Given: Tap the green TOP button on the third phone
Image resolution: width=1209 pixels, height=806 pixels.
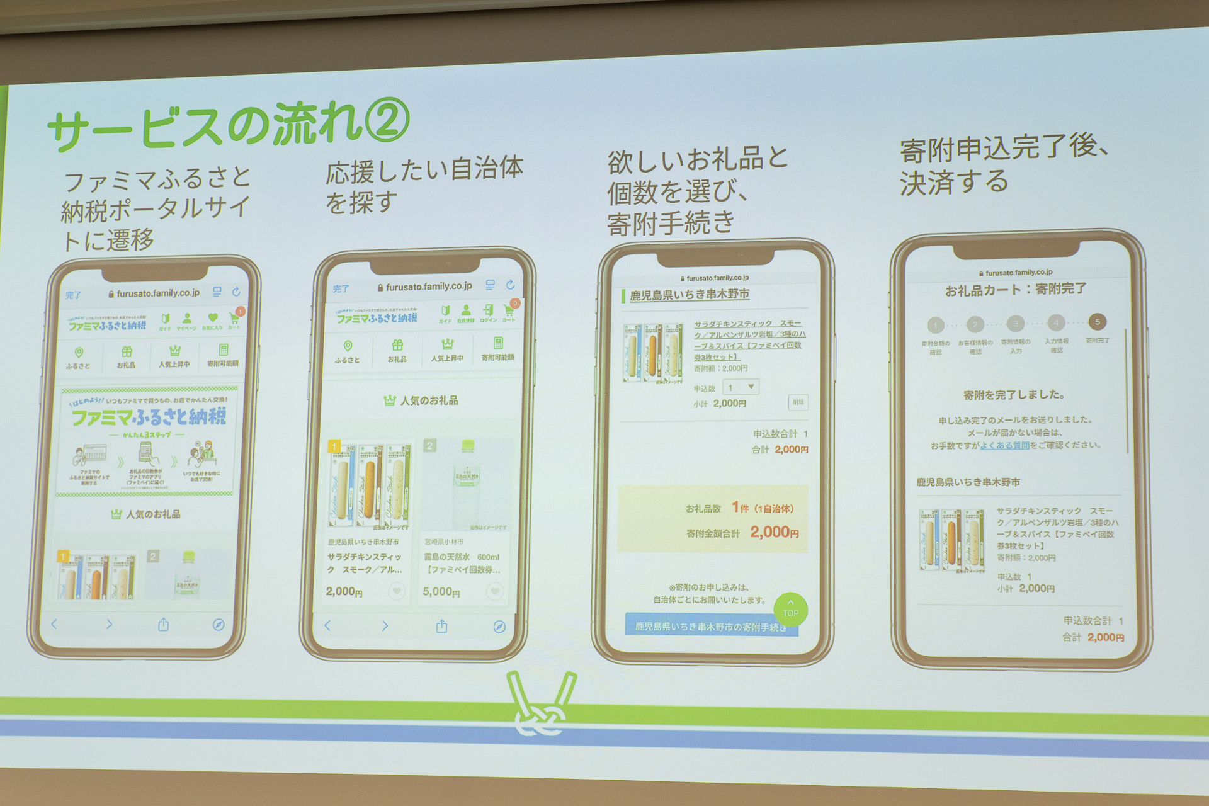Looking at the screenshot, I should click(x=790, y=609).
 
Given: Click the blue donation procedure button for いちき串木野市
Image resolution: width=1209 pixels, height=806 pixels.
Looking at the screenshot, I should click(x=711, y=626).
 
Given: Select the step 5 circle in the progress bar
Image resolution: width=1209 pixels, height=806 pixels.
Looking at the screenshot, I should click(x=1097, y=322).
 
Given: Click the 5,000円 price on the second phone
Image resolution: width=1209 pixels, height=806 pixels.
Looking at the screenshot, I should click(x=441, y=591).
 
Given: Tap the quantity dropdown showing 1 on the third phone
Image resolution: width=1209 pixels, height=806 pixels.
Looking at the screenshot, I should click(x=741, y=387).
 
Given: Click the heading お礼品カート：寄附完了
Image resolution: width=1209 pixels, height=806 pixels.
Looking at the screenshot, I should click(x=1015, y=289).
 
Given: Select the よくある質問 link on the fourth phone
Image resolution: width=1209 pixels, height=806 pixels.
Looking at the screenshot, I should click(x=1004, y=445).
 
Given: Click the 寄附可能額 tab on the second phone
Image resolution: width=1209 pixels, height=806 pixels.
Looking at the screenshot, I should click(x=497, y=349).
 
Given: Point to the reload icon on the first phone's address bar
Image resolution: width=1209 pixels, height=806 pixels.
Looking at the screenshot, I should click(x=236, y=292).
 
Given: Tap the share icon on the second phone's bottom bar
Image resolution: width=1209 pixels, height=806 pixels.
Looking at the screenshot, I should click(x=441, y=626).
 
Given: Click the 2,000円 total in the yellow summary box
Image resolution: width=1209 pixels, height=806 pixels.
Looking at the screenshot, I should click(x=774, y=533).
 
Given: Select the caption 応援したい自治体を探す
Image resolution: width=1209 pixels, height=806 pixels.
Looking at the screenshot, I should click(x=424, y=185).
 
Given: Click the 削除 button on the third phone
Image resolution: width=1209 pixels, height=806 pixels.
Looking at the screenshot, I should click(x=798, y=402).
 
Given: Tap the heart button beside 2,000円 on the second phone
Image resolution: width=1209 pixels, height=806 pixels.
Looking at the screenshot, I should click(x=396, y=591).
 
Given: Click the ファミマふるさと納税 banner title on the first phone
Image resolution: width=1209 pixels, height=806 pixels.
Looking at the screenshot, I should click(x=148, y=417).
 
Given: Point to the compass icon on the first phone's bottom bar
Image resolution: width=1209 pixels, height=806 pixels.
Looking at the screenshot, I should click(x=218, y=625).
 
